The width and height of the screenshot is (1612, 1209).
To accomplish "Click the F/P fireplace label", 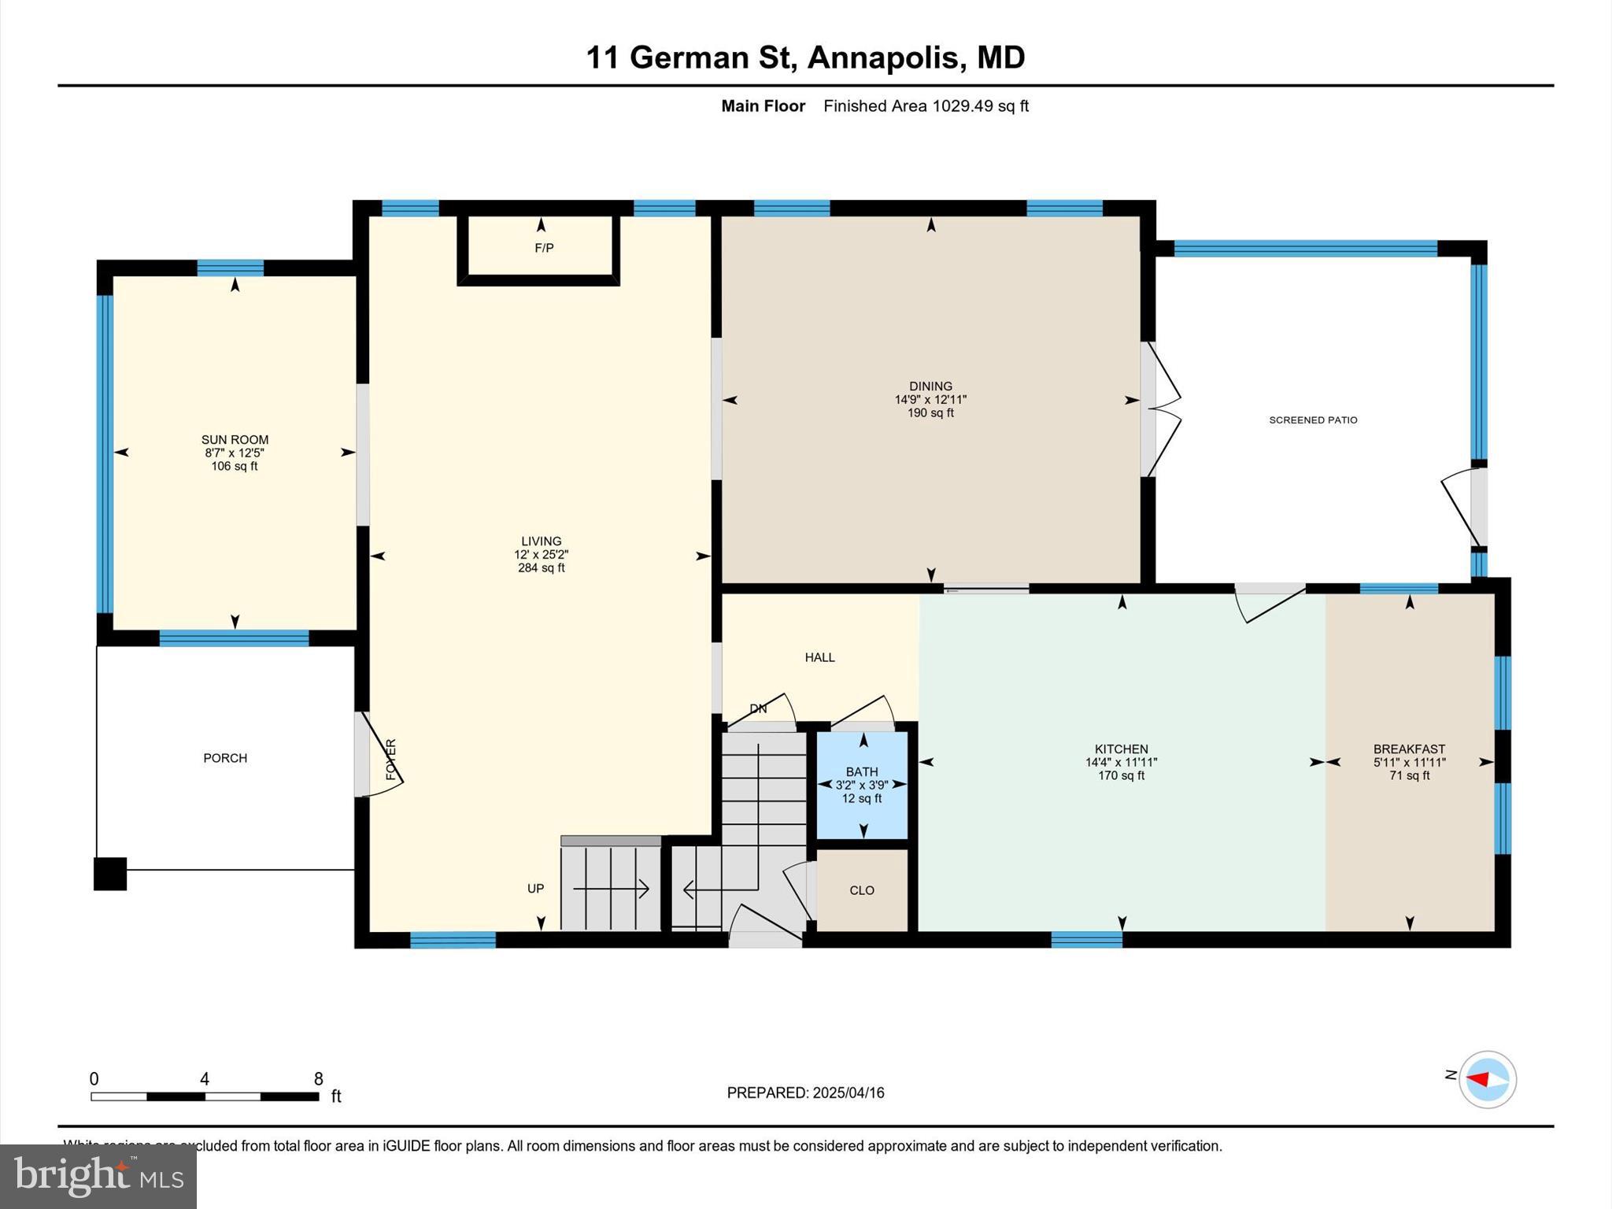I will (544, 248).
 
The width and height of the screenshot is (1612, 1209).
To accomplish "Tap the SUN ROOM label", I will (235, 440).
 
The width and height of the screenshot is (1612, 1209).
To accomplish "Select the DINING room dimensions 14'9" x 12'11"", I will (930, 400).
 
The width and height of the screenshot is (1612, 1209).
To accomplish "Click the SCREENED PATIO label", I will (1313, 420).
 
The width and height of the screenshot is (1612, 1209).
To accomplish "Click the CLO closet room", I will (862, 890).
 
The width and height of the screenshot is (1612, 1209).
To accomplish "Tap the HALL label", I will (819, 657).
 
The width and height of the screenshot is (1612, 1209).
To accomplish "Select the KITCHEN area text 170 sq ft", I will (1121, 776).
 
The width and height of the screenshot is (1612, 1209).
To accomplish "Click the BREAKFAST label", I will (1409, 749).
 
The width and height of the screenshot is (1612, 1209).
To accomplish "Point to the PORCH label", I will (225, 758).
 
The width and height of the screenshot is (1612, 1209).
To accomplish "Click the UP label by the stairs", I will (535, 889).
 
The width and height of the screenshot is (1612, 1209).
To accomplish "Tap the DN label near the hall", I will (758, 709).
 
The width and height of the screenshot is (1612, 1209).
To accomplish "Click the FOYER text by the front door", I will (391, 760).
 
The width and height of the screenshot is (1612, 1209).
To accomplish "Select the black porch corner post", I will (110, 874).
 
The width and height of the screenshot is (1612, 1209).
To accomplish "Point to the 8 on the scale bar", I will (318, 1079).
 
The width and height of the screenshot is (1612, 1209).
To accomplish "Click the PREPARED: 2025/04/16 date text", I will (805, 1093).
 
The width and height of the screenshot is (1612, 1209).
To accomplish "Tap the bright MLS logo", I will (98, 1176).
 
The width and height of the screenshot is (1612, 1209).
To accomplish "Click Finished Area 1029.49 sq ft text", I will (926, 106).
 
